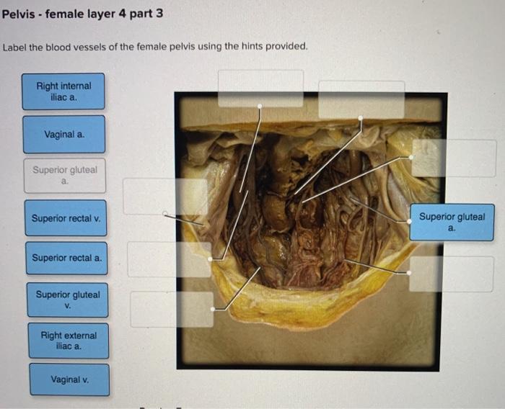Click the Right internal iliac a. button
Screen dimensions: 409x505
pyautogui.click(x=63, y=91)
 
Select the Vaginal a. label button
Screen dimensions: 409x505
pyautogui.click(x=63, y=134)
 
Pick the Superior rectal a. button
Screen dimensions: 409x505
pyautogui.click(x=68, y=257)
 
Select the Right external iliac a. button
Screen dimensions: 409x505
pyautogui.click(x=69, y=341)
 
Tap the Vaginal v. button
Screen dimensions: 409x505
pyautogui.click(x=69, y=379)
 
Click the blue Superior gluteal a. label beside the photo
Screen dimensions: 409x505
pyautogui.click(x=452, y=222)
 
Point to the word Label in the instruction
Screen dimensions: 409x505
pyautogui.click(x=15, y=47)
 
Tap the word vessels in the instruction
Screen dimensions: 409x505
pyautogui.click(x=91, y=47)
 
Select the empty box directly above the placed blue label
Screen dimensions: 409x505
pyautogui.click(x=453, y=158)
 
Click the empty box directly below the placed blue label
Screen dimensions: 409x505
pyautogui.click(x=452, y=274)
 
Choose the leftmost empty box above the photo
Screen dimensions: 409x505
pyautogui.click(x=260, y=88)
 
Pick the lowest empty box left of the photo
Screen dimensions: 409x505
pyautogui.click(x=172, y=309)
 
